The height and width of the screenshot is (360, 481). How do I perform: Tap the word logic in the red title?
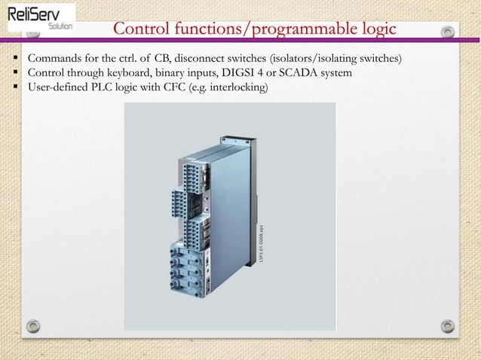click(369, 29)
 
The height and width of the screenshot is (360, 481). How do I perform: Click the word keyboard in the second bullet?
click(133, 73)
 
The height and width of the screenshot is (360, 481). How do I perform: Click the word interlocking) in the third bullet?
click(235, 87)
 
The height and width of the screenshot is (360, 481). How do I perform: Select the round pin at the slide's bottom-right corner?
click(448, 328)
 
